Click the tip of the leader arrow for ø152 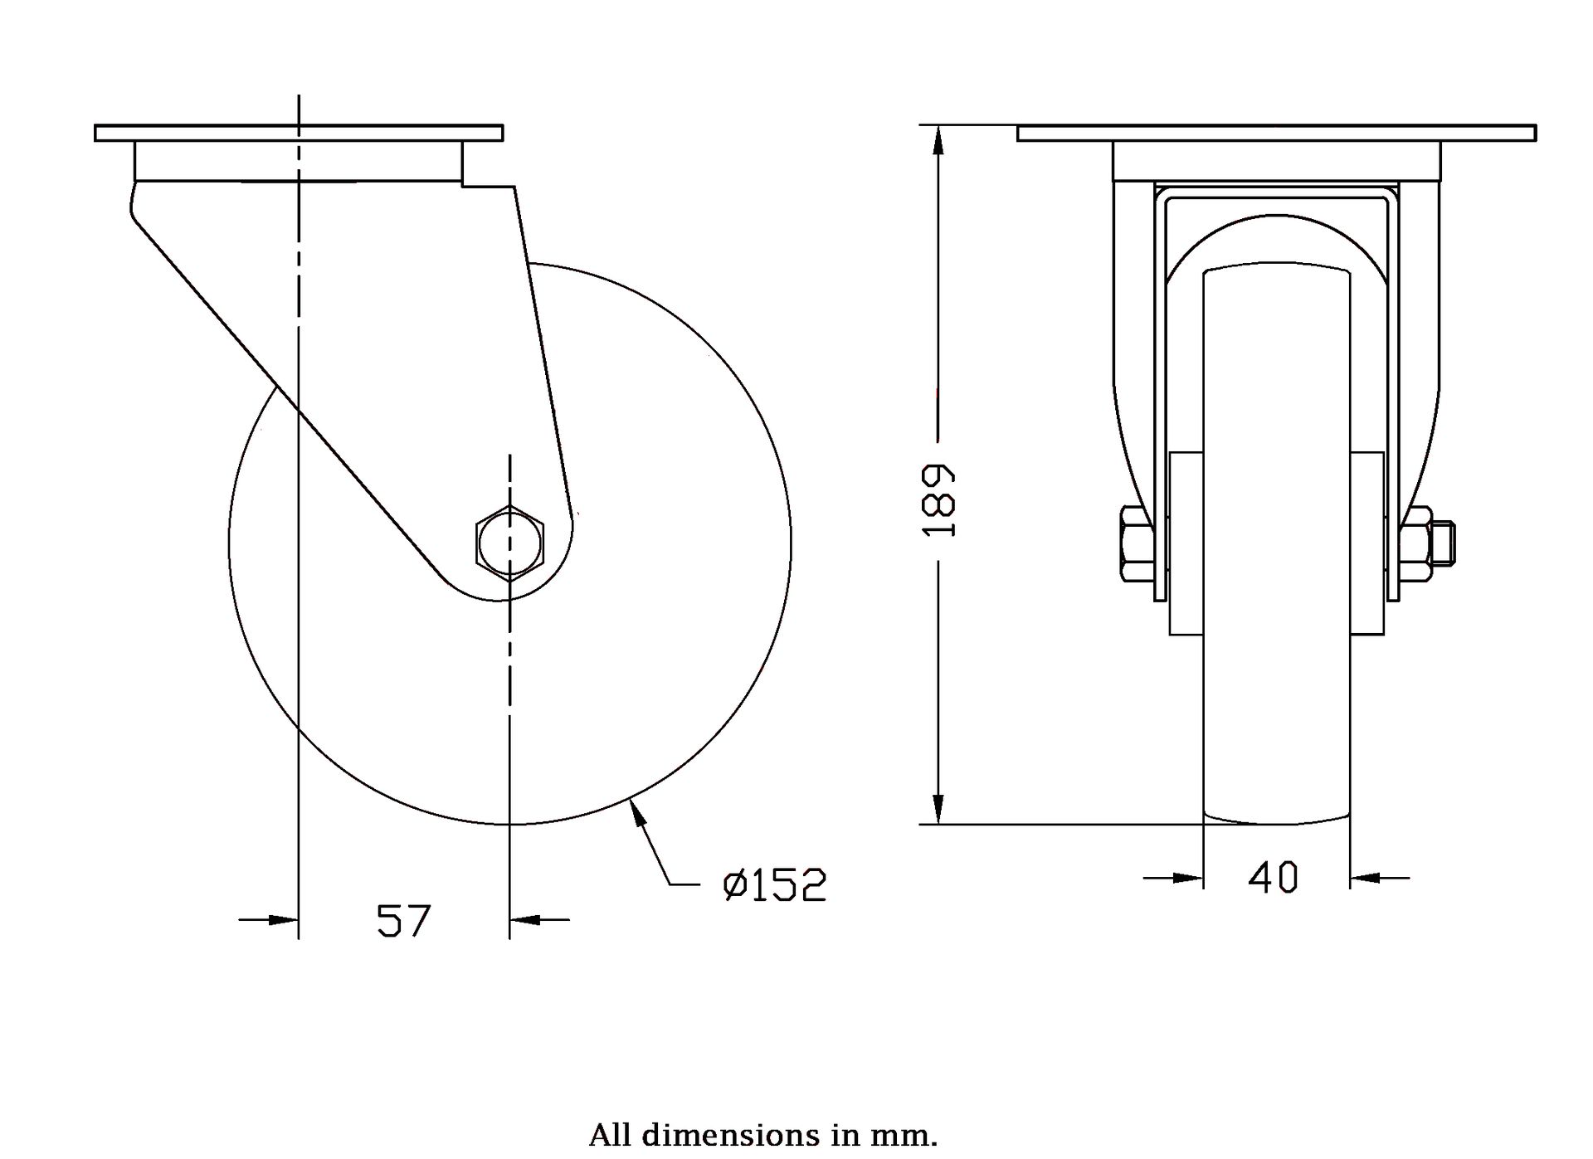pos(632,798)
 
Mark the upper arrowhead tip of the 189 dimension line pos(938,126)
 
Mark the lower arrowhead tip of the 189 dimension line pos(938,824)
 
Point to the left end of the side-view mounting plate pos(95,133)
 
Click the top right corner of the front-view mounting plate pos(1536,125)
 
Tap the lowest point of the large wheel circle pos(509,825)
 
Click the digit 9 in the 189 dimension pos(939,479)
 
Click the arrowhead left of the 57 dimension pos(283,919)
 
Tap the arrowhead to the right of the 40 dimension pos(1365,877)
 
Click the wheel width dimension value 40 pos(1274,877)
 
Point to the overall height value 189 pos(939,500)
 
